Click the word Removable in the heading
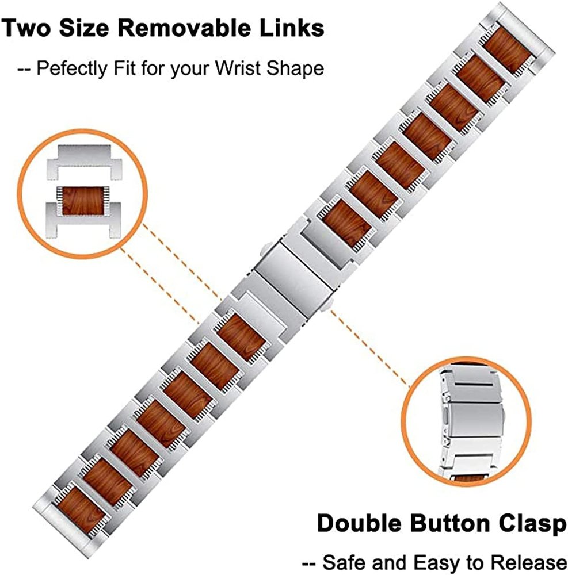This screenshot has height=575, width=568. pyautogui.click(x=192, y=28)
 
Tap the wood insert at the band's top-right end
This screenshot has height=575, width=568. pyautogui.click(x=506, y=49)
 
